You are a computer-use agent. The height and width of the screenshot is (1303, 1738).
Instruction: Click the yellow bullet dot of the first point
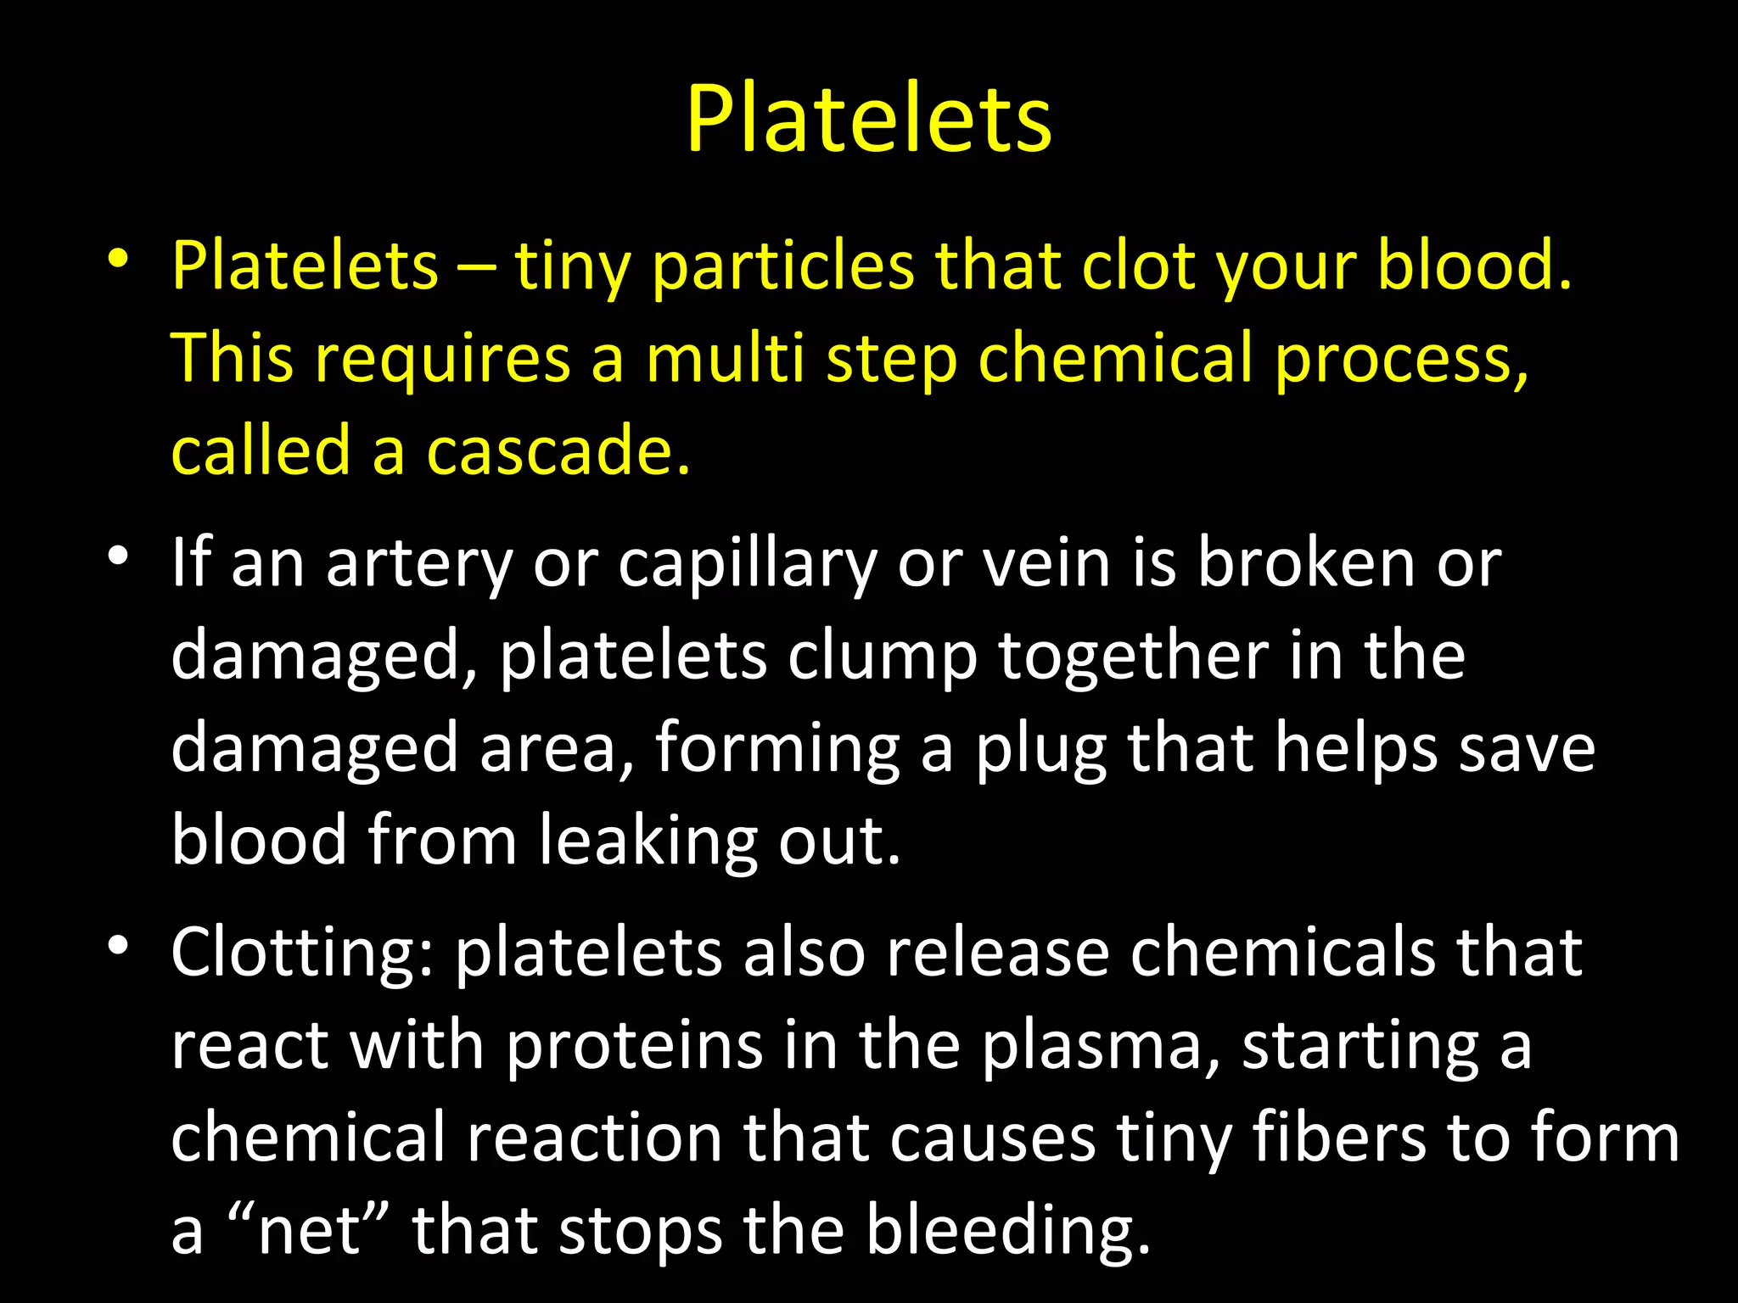pyautogui.click(x=118, y=257)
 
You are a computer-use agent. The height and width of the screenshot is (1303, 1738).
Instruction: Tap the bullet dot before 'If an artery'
pyautogui.click(x=118, y=556)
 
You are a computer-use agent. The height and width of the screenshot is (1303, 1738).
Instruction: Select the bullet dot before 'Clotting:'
pyautogui.click(x=118, y=944)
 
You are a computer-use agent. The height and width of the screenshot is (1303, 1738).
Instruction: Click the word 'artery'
pyautogui.click(x=419, y=565)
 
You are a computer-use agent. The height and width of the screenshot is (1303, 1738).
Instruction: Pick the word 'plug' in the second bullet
pyautogui.click(x=1040, y=752)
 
